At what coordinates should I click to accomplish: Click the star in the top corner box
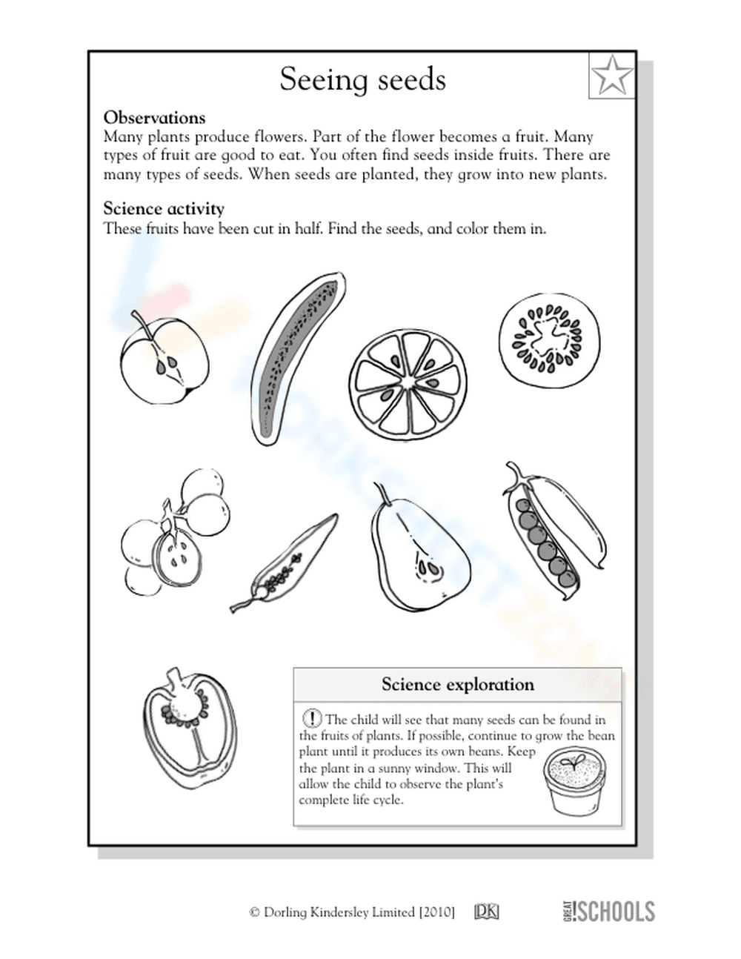pyautogui.click(x=612, y=75)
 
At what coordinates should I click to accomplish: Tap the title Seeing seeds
pyautogui.click(x=362, y=79)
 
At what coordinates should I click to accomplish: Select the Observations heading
pyautogui.click(x=154, y=118)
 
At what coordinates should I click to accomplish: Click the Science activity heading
pyautogui.click(x=163, y=209)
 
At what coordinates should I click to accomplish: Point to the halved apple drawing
pyautogui.click(x=164, y=359)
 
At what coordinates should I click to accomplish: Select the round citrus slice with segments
pyautogui.click(x=408, y=382)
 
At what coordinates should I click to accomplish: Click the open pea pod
pyautogui.click(x=554, y=529)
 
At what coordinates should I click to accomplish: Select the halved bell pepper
pyautogui.click(x=189, y=730)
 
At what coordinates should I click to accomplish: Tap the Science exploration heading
pyautogui.click(x=457, y=685)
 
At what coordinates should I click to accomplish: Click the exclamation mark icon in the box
pyautogui.click(x=313, y=718)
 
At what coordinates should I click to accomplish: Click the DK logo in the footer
pyautogui.click(x=486, y=912)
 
